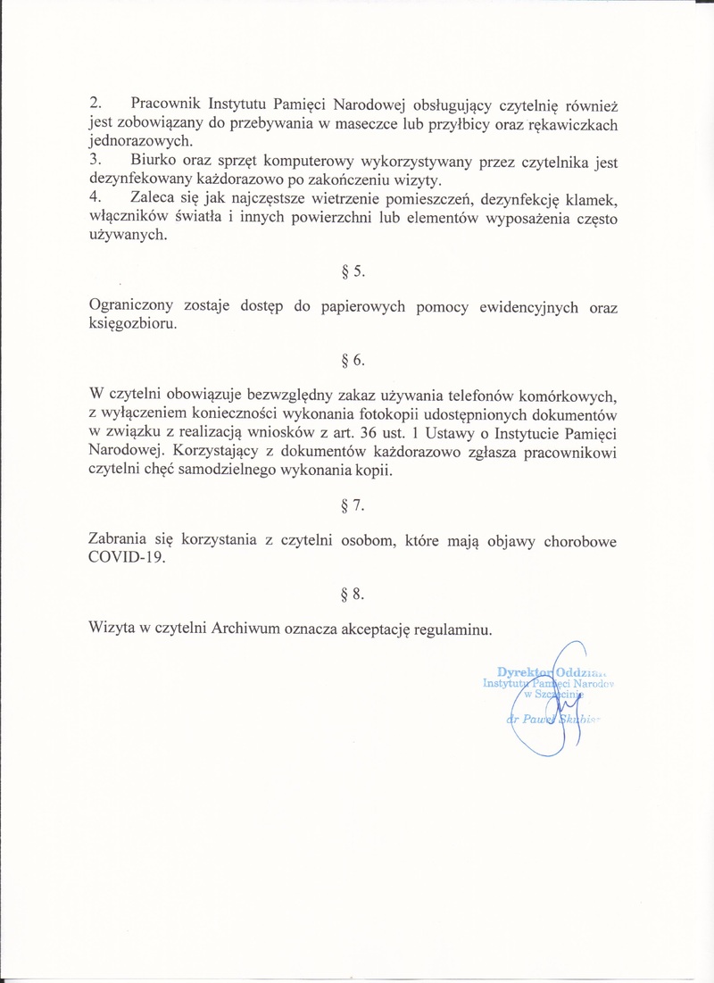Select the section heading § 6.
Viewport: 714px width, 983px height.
[x=354, y=361]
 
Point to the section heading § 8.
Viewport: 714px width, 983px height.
[x=354, y=593]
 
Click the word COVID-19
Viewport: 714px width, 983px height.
[x=128, y=559]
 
